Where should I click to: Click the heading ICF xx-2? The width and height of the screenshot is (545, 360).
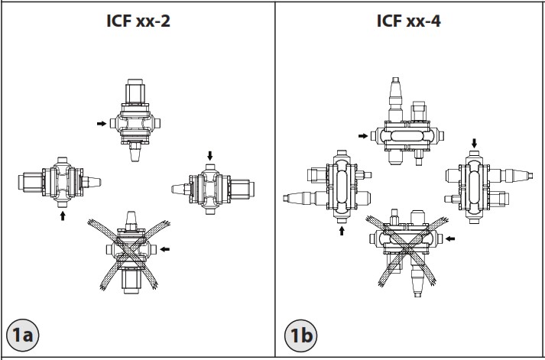pos(138,21)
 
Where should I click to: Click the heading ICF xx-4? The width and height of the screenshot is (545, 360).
pos(408,21)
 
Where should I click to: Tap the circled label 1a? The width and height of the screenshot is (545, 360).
pos(22,334)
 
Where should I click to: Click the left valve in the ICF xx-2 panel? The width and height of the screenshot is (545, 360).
pos(62,182)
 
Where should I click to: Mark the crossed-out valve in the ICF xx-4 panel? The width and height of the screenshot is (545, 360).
pos(404,248)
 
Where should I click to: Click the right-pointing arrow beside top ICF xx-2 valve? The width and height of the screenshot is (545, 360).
pos(102,122)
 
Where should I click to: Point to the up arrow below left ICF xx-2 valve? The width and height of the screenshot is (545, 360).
pos(63,216)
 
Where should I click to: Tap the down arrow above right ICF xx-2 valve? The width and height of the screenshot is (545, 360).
pos(210,156)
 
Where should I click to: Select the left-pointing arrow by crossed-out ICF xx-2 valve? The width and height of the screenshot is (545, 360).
pos(167,248)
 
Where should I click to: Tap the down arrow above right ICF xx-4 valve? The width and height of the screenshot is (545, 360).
pos(474,143)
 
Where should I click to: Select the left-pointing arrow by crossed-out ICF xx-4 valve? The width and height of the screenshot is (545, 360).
pos(452,238)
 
